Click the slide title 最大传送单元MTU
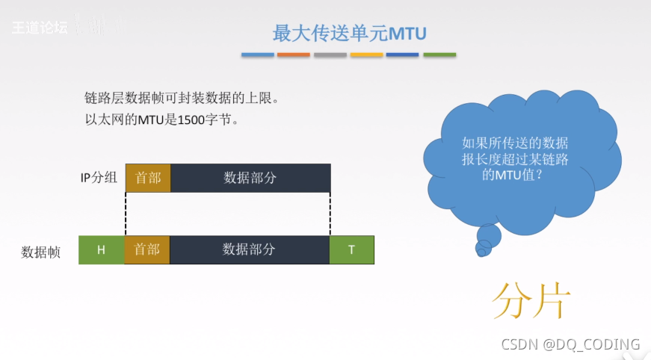(349, 33)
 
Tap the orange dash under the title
(294, 55)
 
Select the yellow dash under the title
(366, 55)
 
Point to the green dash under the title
(439, 55)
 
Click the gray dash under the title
(330, 55)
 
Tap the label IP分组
(99, 178)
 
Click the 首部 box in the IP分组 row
(148, 178)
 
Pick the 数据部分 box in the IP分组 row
(250, 178)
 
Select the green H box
(102, 250)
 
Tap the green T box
(351, 250)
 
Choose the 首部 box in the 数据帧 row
(147, 250)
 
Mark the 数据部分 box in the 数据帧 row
(250, 250)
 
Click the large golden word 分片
(531, 301)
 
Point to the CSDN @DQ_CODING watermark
(570, 344)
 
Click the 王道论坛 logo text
(39, 28)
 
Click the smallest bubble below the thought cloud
(481, 252)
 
